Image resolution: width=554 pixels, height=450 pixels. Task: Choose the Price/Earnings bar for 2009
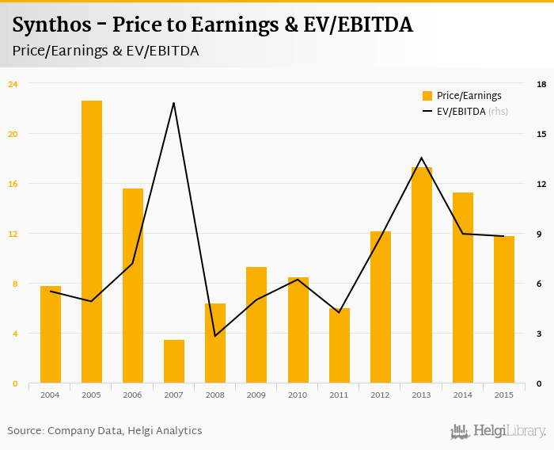click(256, 325)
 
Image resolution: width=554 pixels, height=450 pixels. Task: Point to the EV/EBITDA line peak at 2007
click(173, 103)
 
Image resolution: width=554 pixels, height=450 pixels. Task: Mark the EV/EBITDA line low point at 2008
click(215, 336)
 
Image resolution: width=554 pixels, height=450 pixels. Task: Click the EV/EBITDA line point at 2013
click(421, 158)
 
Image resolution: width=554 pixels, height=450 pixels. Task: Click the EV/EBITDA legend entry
click(462, 112)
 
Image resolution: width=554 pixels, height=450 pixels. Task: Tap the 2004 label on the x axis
click(50, 395)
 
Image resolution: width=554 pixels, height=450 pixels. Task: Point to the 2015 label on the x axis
click(503, 395)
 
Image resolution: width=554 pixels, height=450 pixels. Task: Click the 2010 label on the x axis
click(298, 395)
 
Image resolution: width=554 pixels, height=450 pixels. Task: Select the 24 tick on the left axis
click(12, 83)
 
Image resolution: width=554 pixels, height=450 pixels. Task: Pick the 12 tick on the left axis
click(12, 234)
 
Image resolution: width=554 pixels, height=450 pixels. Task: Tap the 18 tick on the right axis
click(541, 83)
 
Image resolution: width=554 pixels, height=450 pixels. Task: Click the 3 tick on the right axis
click(540, 334)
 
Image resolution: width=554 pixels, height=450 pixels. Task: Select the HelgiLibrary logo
click(498, 431)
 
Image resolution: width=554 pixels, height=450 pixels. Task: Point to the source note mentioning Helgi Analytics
click(104, 431)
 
